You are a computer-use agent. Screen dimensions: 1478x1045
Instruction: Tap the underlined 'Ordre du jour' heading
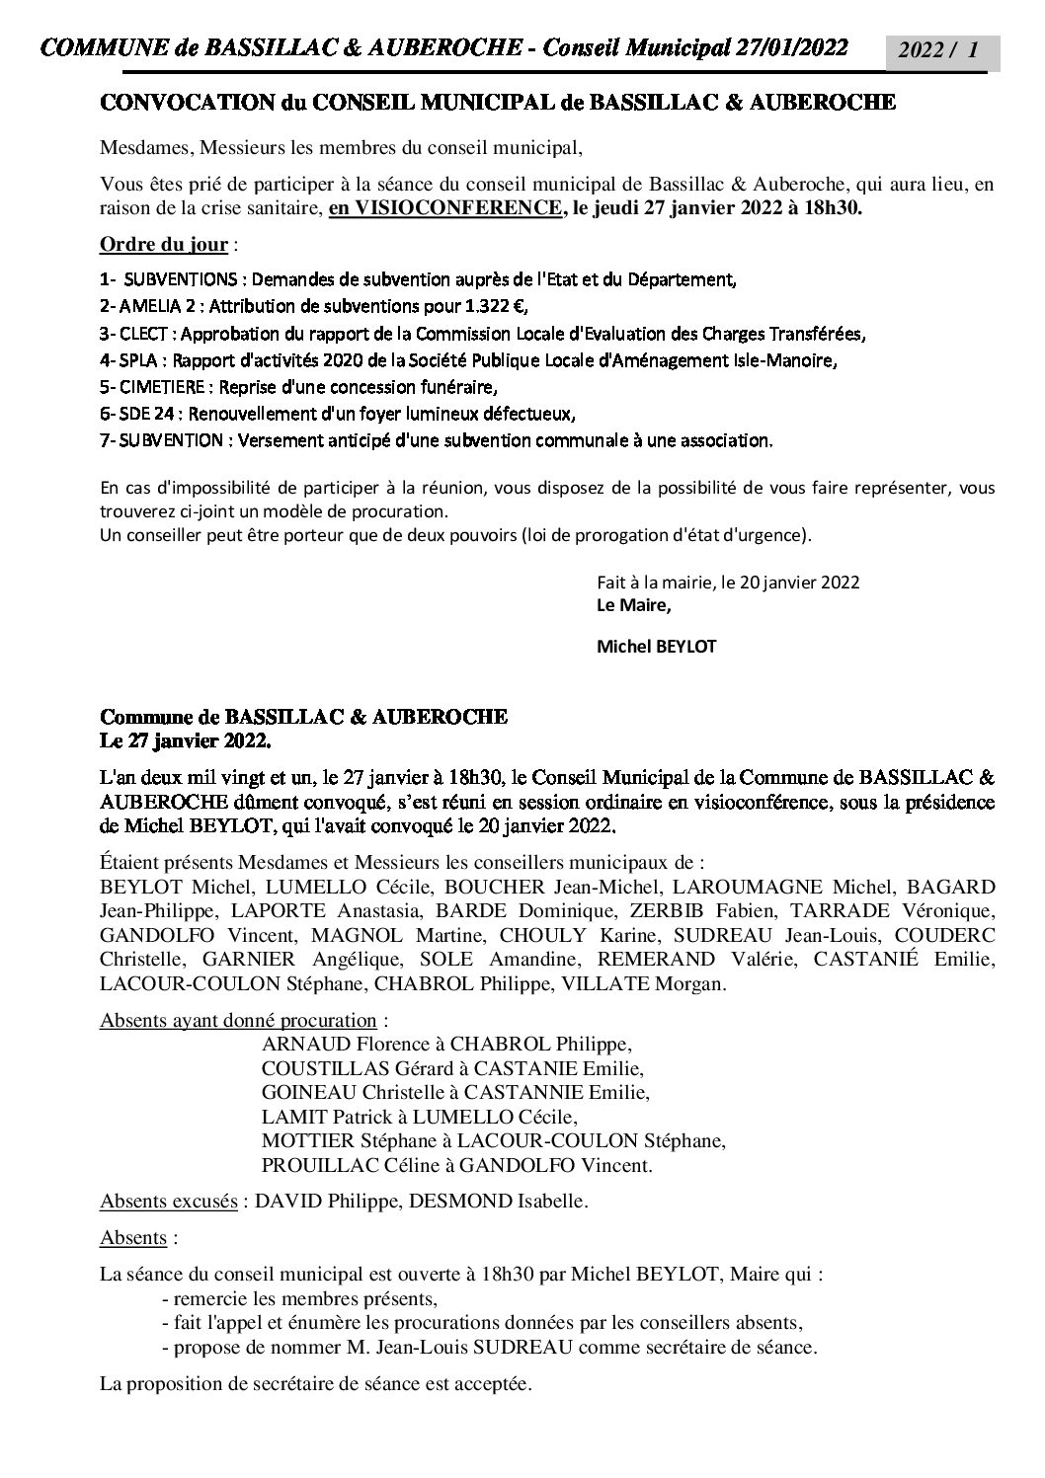pyautogui.click(x=164, y=244)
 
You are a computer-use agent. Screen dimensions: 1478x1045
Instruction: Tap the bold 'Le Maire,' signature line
pyautogui.click(x=626, y=605)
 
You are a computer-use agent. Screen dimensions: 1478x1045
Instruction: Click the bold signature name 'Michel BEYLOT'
pyautogui.click(x=656, y=648)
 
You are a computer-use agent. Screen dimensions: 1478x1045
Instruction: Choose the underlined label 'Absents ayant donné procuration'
pyautogui.click(x=237, y=1020)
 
